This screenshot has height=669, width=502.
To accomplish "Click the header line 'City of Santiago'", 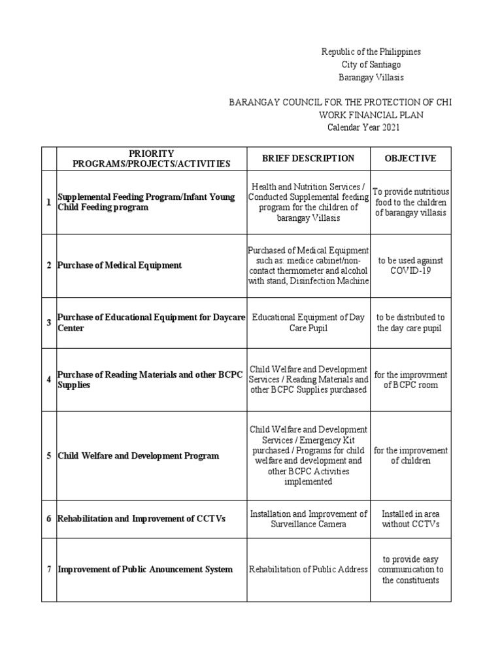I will point(371,65).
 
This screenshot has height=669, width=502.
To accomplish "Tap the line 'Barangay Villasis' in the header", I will point(371,77).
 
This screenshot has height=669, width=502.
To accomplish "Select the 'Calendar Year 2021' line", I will point(363,127).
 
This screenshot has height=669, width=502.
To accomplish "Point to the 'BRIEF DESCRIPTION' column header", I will point(308,158).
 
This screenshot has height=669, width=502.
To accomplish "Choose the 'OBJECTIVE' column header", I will point(410,158).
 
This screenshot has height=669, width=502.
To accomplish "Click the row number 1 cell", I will point(49,202).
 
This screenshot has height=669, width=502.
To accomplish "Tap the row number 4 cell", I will point(49,380).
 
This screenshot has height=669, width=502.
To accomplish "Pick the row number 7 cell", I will point(49,569).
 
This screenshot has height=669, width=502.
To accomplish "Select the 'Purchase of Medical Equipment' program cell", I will point(120,265).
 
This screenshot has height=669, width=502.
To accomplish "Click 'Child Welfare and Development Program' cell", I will point(139,455).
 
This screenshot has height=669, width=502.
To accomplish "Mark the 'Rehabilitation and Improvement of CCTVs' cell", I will point(142,519).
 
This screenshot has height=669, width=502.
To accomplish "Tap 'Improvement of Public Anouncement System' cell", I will point(145,569).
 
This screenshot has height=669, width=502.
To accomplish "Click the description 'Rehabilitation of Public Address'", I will point(308,569).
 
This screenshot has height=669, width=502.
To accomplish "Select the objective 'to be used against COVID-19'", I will point(410,265).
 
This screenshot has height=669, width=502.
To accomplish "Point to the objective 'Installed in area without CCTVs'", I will point(410,519).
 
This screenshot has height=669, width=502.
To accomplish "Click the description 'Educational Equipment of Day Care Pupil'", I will point(308,323).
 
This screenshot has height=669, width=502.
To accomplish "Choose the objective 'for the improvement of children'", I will point(410,455).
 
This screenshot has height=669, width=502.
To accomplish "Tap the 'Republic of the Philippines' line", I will point(371,52).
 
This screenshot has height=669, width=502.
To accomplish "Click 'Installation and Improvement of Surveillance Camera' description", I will point(308,519).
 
